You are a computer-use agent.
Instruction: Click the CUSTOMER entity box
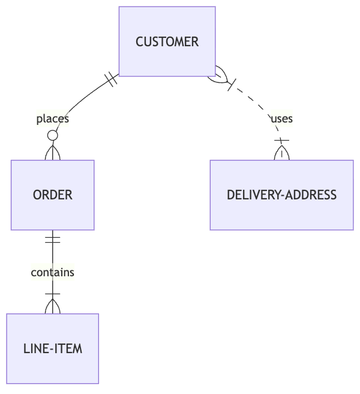pyautogui.click(x=167, y=41)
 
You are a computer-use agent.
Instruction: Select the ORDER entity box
pyautogui.click(x=52, y=195)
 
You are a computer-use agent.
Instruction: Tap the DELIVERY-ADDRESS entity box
pyautogui.click(x=281, y=195)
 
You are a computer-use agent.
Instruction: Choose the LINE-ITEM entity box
pyautogui.click(x=53, y=348)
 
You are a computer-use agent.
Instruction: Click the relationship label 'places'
pyautogui.click(x=53, y=119)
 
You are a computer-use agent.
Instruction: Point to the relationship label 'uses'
pyautogui.click(x=281, y=119)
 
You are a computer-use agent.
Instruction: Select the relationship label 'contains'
pyautogui.click(x=53, y=272)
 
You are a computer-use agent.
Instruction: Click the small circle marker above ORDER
pyautogui.click(x=53, y=136)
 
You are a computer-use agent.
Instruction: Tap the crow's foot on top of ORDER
pyautogui.click(x=53, y=153)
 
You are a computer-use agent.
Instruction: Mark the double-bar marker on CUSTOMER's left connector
pyautogui.click(x=110, y=79)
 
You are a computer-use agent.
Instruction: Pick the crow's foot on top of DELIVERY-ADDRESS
pyautogui.click(x=281, y=151)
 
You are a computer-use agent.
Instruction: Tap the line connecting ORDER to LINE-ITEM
pyautogui.click(x=53, y=255)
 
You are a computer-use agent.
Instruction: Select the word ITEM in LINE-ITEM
pyautogui.click(x=69, y=348)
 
